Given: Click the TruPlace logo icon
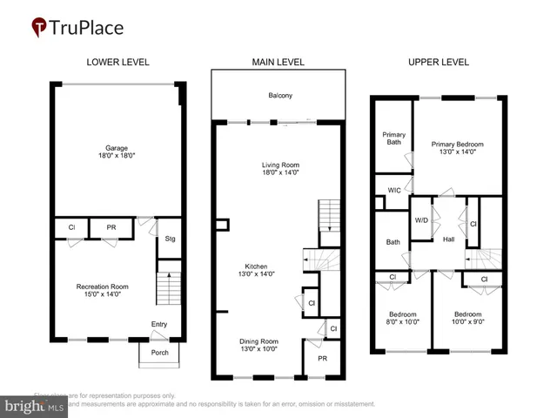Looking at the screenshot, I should pyautogui.click(x=39, y=27).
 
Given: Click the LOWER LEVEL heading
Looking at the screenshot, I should pyautogui.click(x=117, y=62).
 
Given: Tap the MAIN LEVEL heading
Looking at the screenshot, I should pyautogui.click(x=278, y=62).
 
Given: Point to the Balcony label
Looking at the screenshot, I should pyautogui.click(x=279, y=96).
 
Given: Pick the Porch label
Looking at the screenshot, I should pyautogui.click(x=160, y=353).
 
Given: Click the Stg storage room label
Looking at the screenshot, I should pyautogui.click(x=170, y=238).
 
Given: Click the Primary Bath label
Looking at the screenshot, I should pyautogui.click(x=393, y=138).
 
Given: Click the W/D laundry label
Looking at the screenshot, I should pyautogui.click(x=421, y=220).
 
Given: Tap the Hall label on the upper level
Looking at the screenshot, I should pyautogui.click(x=448, y=239).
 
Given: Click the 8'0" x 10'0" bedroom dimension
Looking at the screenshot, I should pyautogui.click(x=401, y=321).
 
